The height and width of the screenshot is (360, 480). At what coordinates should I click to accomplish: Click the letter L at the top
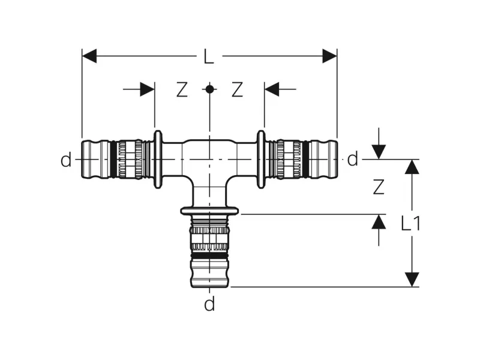coord(209,56)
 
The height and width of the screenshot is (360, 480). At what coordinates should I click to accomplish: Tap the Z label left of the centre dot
coord(182,89)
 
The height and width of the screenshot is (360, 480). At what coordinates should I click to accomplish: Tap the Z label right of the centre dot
coord(237,89)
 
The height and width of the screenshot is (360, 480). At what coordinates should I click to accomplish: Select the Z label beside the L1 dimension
coord(379,187)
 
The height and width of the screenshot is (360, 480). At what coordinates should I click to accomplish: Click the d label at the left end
coord(66,160)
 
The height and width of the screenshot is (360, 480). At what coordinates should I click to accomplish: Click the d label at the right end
coord(353,159)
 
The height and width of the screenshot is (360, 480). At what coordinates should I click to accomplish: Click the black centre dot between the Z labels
coord(209,89)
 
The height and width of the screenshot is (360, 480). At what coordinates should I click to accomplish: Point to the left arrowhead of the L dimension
coord(89,56)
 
